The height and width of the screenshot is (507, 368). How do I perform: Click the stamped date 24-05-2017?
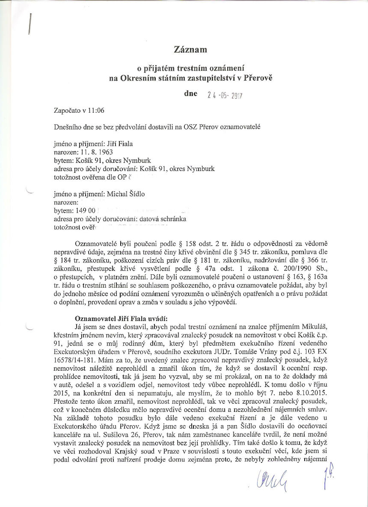tap(225, 96)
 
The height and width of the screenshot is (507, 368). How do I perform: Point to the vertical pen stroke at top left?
tap(30, 24)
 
